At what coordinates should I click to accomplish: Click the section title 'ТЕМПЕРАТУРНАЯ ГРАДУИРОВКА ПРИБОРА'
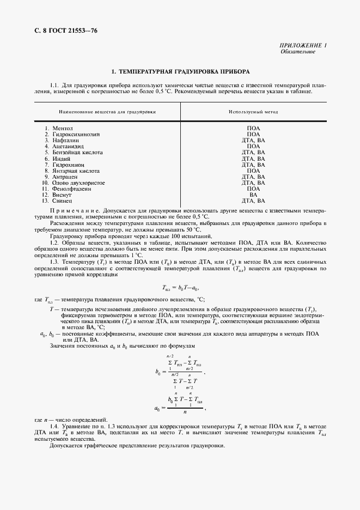click(x=180, y=71)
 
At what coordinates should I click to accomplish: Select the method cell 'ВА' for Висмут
click(x=253, y=195)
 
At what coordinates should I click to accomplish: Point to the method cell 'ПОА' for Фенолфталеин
click(x=253, y=189)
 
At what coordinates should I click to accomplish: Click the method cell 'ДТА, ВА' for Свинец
click(x=253, y=201)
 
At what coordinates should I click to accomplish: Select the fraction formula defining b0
click(x=180, y=373)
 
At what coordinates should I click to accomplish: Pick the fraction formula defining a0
click(x=180, y=406)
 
